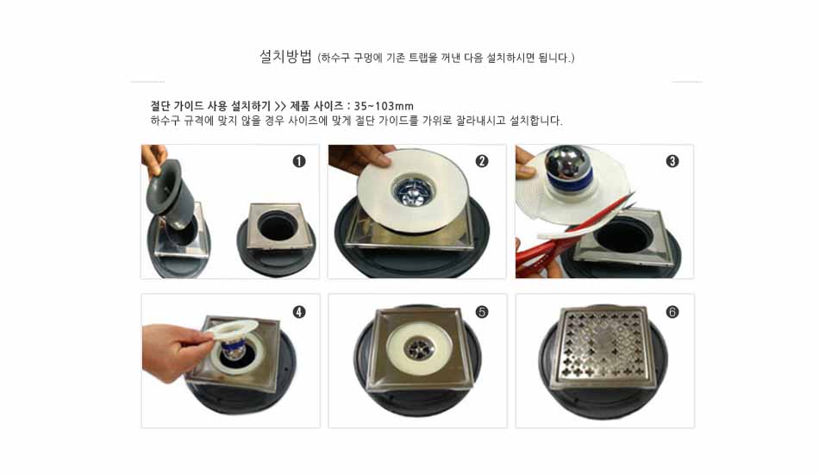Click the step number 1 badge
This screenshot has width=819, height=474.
click(x=299, y=161)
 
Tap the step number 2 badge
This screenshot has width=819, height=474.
click(x=482, y=161)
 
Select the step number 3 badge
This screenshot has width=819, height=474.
click(x=672, y=161)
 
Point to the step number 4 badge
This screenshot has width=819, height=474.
click(x=299, y=312)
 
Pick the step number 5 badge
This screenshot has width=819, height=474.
click(x=482, y=312)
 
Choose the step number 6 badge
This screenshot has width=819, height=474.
click(x=672, y=312)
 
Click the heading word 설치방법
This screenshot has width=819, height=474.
click(x=285, y=56)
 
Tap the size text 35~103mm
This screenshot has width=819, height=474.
click(x=384, y=107)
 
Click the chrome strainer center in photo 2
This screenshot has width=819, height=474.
click(x=411, y=190)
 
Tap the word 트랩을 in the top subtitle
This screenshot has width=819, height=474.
click(x=422, y=58)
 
